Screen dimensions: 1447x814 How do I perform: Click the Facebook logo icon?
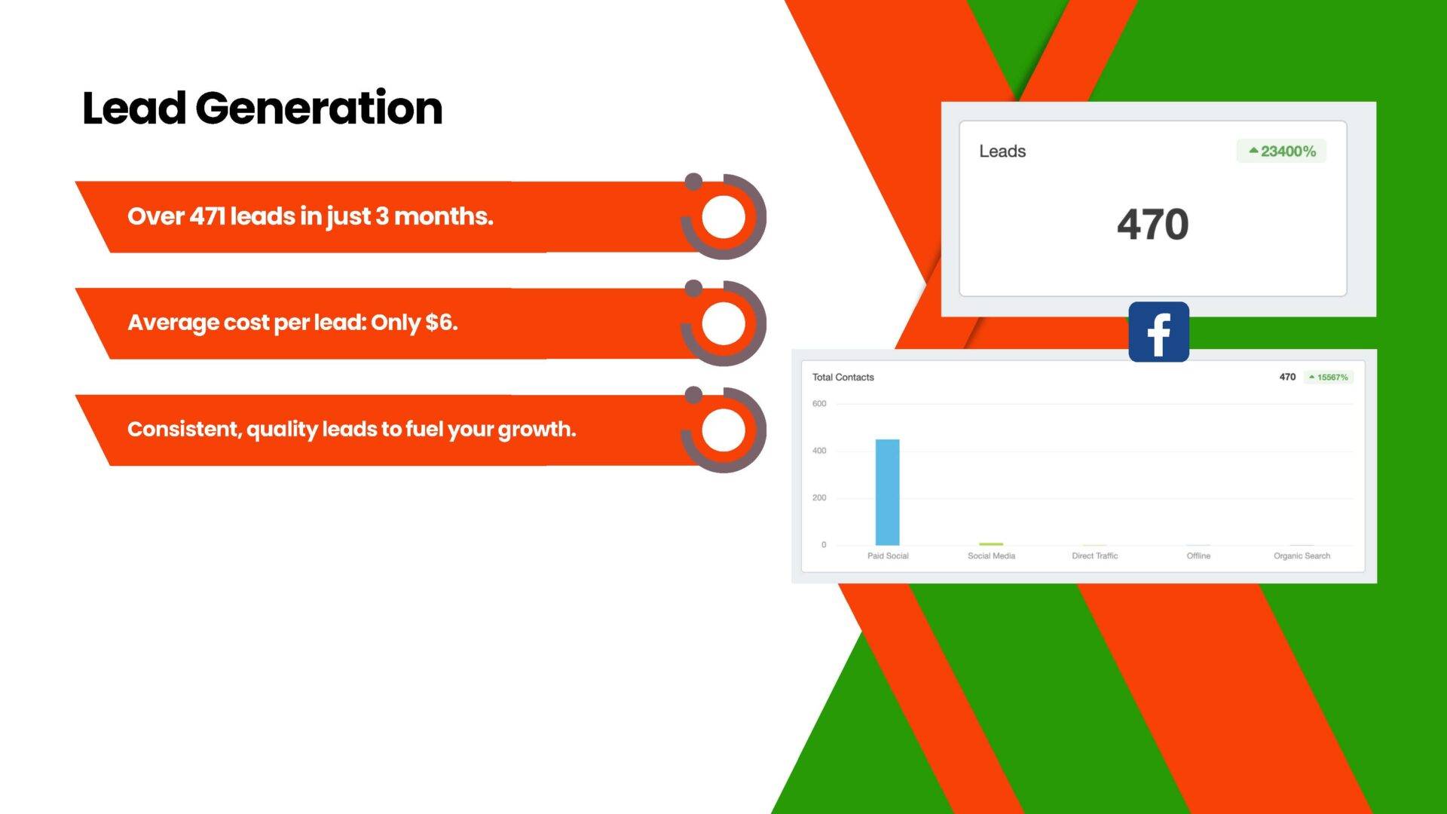(x=1158, y=332)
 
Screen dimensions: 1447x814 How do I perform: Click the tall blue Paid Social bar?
(x=887, y=492)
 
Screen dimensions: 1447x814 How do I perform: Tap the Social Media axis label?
(x=991, y=556)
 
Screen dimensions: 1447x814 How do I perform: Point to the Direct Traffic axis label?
(x=1094, y=556)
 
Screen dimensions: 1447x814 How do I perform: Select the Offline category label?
(x=1198, y=556)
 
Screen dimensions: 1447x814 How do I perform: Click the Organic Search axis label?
(x=1302, y=556)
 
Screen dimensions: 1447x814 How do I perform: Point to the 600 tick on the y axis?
(x=819, y=404)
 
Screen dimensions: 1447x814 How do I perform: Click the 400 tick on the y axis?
(x=819, y=451)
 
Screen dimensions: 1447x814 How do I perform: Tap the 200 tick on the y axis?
(x=819, y=498)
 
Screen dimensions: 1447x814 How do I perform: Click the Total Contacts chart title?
(x=843, y=377)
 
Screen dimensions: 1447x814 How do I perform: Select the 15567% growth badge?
(x=1329, y=377)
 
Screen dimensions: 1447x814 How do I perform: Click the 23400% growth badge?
(x=1281, y=151)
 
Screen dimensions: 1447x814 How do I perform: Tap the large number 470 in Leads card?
(x=1152, y=225)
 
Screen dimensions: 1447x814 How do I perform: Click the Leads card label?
(x=1002, y=151)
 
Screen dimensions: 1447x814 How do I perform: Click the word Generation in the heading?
(x=319, y=108)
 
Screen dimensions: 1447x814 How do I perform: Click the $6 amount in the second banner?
(x=441, y=323)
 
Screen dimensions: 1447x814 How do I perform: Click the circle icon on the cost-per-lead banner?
(x=723, y=323)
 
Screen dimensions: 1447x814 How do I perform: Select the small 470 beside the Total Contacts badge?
(x=1287, y=377)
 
